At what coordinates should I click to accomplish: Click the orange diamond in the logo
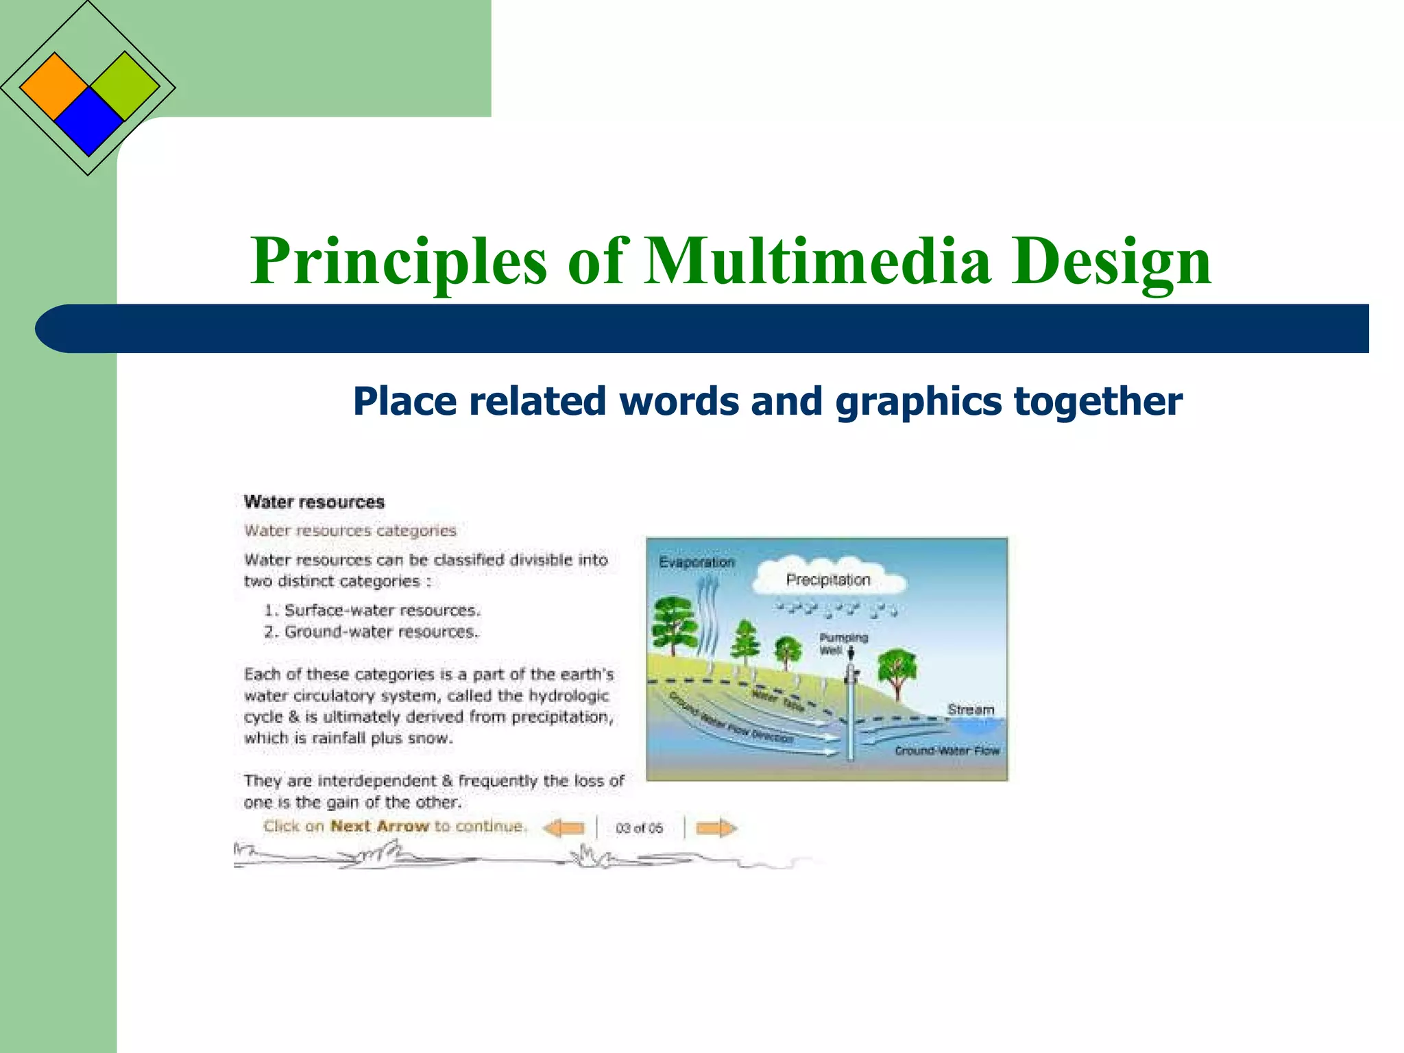[53, 87]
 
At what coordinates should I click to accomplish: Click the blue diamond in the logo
[88, 122]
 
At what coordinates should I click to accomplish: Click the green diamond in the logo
[124, 86]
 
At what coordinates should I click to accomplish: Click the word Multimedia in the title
[818, 261]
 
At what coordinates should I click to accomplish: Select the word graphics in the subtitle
[918, 402]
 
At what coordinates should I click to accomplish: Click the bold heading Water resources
[314, 502]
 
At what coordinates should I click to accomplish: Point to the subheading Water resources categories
[350, 531]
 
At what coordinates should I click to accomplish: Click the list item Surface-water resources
[382, 610]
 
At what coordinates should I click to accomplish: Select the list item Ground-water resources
[381, 631]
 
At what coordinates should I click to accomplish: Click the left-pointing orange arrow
[564, 828]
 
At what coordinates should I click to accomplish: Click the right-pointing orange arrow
[716, 828]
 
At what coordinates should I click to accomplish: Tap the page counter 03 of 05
[639, 828]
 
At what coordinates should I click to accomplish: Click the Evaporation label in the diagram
[697, 562]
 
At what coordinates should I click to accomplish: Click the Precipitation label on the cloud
[827, 580]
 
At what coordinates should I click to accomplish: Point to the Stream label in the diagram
[970, 710]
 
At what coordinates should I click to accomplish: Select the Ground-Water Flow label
[947, 751]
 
